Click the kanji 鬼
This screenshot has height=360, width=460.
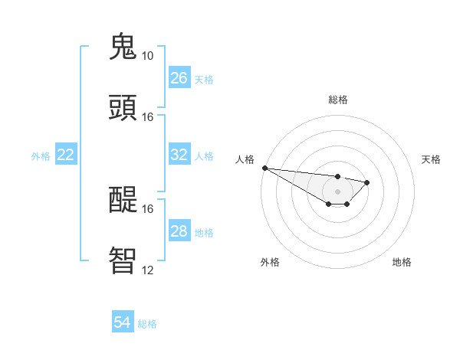tap(124, 47)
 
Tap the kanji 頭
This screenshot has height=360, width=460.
tap(124, 108)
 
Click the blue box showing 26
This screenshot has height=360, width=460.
tap(179, 78)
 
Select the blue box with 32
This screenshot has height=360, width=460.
tap(179, 155)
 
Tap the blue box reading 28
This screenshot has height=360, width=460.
tap(179, 231)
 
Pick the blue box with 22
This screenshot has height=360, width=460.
tap(66, 155)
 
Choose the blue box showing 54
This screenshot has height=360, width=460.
tap(122, 322)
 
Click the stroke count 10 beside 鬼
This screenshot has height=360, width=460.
tap(147, 56)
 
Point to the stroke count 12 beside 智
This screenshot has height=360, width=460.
tap(147, 270)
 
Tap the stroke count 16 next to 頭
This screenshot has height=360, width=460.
tap(147, 117)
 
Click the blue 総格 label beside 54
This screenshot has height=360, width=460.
tap(147, 324)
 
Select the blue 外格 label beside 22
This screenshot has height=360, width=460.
tap(41, 155)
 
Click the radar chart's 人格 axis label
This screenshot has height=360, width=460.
tap(245, 159)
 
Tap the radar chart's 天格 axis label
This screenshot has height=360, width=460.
tap(431, 159)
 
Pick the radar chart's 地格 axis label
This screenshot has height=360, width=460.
tap(402, 262)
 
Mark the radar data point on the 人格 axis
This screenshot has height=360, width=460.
tap(264, 168)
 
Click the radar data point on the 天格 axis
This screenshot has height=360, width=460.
tap(367, 182)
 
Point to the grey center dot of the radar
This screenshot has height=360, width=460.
tap(337, 191)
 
